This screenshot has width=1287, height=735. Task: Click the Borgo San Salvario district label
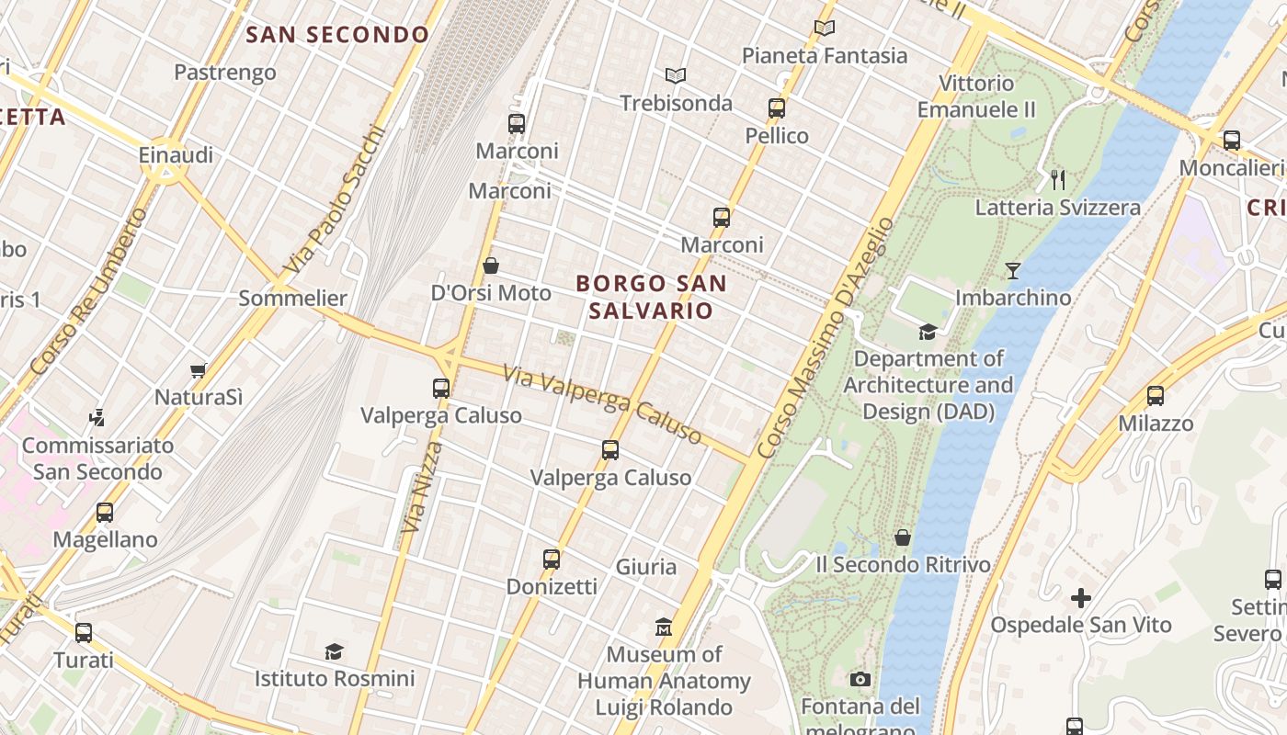tap(651, 297)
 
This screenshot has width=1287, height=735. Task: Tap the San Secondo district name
tap(337, 35)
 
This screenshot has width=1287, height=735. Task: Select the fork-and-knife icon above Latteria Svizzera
tap(1057, 179)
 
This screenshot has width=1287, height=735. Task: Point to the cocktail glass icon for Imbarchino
tap(1012, 270)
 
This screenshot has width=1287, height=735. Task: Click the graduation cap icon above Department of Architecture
tap(928, 331)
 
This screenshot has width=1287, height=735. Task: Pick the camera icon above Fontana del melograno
tap(860, 679)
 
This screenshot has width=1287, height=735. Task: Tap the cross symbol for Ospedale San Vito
tap(1080, 598)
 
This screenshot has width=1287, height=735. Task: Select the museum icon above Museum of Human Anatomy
tap(664, 628)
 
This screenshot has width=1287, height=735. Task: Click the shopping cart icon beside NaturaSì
tap(198, 370)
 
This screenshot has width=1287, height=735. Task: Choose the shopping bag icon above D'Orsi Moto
tap(491, 266)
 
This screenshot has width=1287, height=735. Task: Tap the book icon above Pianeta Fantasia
tap(825, 28)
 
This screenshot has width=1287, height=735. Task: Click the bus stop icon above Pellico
tap(777, 108)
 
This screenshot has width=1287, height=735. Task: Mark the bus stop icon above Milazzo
tap(1156, 396)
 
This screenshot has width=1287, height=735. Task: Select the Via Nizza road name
tap(421, 487)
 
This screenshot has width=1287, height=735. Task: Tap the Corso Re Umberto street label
tap(88, 291)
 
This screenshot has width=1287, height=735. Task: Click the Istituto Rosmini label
tap(335, 679)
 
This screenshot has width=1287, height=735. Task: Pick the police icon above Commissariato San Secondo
tap(97, 418)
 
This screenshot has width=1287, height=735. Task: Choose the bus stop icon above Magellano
tap(105, 512)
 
